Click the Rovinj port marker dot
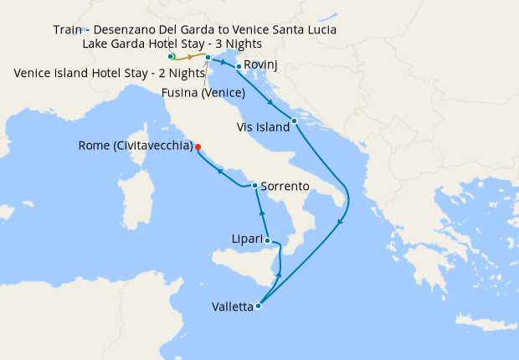[239, 66]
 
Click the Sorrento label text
[285, 185]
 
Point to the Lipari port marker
[269, 241]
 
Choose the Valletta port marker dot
[258, 306]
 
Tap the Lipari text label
[248, 239]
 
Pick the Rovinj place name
[261, 65]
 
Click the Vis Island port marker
[295, 121]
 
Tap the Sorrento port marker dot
[254, 184]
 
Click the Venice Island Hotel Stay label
[110, 73]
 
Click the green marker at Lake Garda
[171, 57]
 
